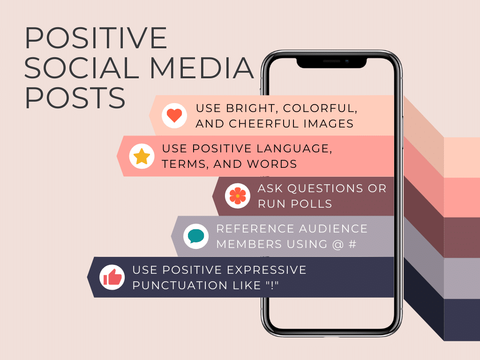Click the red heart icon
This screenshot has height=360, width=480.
point(174,116)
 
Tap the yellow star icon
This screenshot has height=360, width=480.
point(142,156)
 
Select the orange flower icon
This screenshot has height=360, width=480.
point(238,196)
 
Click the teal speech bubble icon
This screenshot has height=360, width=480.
point(196,236)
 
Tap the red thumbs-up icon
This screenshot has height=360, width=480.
point(112,277)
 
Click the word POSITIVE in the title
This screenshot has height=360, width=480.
point(96,38)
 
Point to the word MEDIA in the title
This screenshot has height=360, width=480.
point(202,67)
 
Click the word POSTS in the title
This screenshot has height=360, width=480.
point(75,97)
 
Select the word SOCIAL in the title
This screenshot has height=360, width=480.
point(82,67)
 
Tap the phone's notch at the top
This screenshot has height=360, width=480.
point(331,62)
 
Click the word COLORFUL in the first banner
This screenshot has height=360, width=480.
point(320,108)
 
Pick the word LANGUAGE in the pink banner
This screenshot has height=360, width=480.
point(294,149)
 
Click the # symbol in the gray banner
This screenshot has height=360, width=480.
point(352,244)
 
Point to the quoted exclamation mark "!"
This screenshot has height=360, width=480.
point(272,285)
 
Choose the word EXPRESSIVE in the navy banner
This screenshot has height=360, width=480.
point(266,270)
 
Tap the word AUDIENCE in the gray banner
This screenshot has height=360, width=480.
point(333,229)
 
